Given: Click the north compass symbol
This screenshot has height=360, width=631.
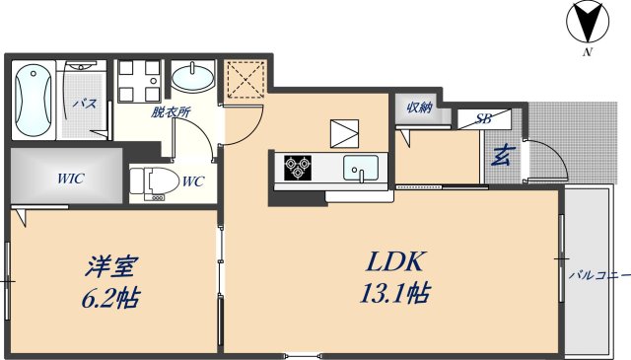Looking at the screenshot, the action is (588, 22).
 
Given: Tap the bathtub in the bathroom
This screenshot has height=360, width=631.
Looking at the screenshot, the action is (33, 101).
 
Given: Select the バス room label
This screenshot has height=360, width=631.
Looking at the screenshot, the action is (85, 104).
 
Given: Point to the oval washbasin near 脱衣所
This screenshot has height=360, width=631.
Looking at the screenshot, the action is (193, 78).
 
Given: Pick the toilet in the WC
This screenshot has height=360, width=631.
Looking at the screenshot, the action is (155, 183).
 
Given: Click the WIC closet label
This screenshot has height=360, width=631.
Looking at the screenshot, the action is (70, 178).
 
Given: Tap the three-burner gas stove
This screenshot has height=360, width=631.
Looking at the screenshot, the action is (298, 168).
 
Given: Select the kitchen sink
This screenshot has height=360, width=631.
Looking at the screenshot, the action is (361, 168).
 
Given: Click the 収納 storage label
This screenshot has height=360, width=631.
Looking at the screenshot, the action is (419, 108).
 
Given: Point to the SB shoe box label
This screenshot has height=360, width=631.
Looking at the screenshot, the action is (483, 118).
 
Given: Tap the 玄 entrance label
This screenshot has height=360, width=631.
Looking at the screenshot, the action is (501, 156).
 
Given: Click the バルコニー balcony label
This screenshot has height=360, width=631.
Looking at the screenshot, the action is (599, 276).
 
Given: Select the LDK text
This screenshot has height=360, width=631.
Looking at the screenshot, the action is (394, 261).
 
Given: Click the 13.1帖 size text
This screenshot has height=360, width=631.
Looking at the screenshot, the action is (394, 293).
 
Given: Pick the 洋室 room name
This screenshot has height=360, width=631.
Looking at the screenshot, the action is (111, 266).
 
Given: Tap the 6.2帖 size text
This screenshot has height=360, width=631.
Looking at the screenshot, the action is (110, 298).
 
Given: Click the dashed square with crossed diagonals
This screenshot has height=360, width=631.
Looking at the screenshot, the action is (245, 79).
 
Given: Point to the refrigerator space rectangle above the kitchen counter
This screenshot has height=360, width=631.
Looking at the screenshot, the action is (344, 134).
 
